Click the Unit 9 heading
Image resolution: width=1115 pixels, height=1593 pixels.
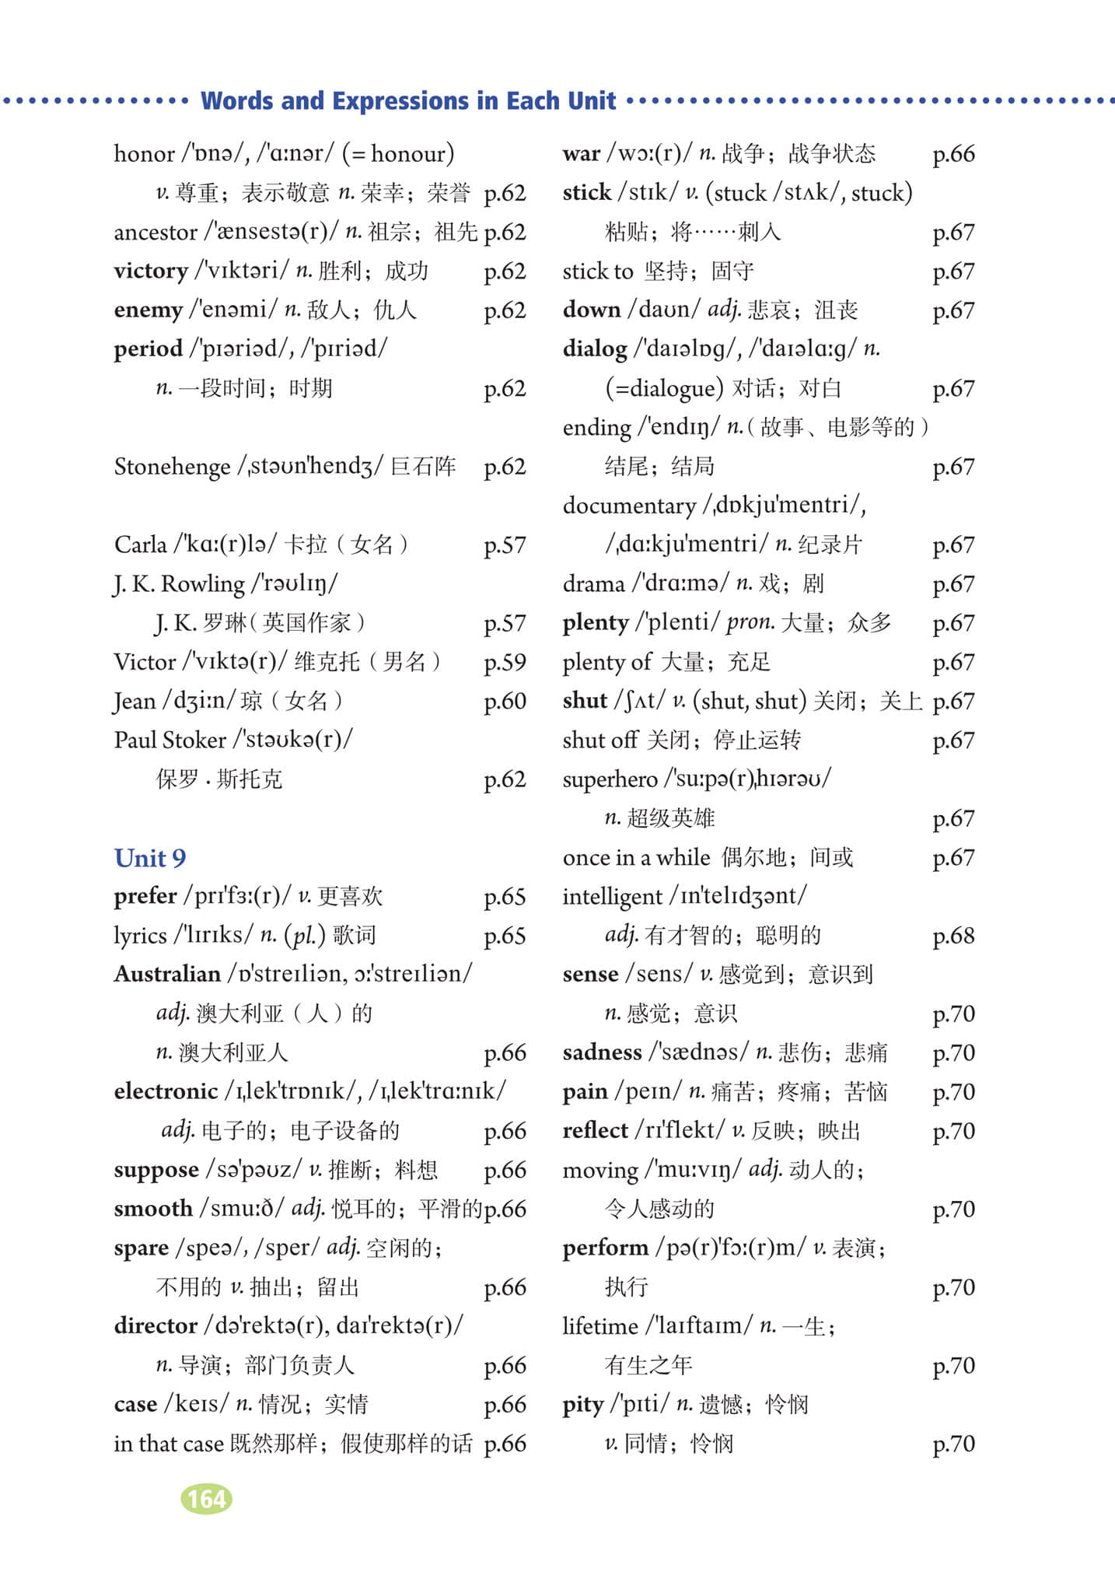150,858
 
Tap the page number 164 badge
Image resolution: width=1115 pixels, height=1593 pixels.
206,1499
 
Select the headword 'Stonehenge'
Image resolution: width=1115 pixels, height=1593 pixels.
172,467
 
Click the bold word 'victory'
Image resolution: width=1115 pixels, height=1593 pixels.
151,271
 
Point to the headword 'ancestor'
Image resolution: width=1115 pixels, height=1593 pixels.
156,233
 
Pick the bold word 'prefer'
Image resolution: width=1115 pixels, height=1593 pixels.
145,897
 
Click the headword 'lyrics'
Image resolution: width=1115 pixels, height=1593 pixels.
140,936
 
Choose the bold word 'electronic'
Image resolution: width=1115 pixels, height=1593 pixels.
166,1091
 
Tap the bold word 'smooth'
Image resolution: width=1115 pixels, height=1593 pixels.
152,1209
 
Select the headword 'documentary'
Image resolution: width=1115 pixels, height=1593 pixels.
629,506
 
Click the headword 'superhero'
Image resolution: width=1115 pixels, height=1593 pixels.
610,779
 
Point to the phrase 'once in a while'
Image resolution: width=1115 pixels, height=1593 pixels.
636,857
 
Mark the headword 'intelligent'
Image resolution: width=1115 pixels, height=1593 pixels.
613,896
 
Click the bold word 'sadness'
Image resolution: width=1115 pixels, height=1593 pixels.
602,1052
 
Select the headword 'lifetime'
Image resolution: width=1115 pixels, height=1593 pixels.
600,1325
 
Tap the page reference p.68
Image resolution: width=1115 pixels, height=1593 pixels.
953,936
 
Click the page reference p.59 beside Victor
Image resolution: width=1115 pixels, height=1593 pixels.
505,662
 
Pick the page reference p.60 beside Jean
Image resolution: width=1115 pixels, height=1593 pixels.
505,701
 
